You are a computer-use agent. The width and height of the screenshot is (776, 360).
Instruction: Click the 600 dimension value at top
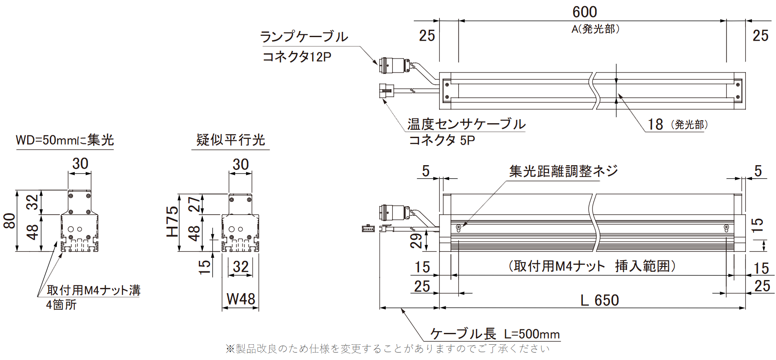pos(585,12)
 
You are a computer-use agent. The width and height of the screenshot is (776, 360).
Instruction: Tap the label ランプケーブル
pos(304,37)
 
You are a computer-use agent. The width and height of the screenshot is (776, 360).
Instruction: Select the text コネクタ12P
pos(297,57)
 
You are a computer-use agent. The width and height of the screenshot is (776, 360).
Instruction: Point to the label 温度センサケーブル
pos(466,124)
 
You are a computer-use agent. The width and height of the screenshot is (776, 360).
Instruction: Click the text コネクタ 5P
pos(442,140)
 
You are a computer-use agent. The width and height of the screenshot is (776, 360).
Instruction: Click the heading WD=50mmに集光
pos(65,140)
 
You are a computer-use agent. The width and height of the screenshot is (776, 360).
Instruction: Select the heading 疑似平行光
pos(231,140)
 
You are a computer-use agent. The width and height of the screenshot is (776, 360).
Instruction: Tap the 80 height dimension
pos(10,221)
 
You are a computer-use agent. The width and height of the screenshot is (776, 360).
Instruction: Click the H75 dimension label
pos(173,222)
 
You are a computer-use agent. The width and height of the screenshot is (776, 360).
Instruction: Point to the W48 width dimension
pos(241,299)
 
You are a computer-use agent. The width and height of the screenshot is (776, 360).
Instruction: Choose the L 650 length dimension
pos(599,301)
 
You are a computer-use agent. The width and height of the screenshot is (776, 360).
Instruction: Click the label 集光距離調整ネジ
pos(563,171)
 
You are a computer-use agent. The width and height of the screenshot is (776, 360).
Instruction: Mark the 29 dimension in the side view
pos(416,241)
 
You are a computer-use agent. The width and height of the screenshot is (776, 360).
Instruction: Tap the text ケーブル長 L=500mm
pos(495,334)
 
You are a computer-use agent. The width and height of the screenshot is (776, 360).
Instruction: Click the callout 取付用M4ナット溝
pos(94,290)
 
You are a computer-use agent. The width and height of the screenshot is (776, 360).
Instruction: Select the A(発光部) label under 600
pos(595,29)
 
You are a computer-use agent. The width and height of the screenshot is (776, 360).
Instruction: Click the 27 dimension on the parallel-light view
pos(194,204)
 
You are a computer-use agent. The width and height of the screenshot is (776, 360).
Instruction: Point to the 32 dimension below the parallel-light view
pos(241,267)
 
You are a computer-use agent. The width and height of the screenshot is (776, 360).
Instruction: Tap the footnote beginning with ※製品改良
pos(388,349)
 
